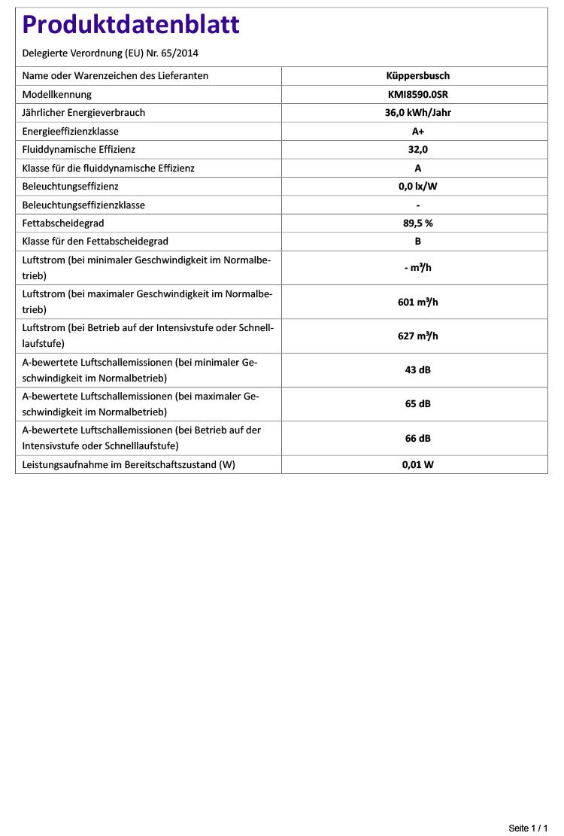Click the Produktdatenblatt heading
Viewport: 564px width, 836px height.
[x=131, y=25]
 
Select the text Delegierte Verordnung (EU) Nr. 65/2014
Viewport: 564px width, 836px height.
[x=111, y=53]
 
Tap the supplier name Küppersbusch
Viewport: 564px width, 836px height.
[x=417, y=76]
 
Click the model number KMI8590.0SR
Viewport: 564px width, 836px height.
[x=417, y=95]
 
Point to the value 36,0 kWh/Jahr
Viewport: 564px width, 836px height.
[x=417, y=113]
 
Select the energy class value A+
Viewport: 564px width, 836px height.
[x=417, y=132]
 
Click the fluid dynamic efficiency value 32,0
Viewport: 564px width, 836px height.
[x=417, y=150]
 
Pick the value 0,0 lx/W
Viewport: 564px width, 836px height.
[x=417, y=187]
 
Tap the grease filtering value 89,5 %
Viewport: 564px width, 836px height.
[x=417, y=223]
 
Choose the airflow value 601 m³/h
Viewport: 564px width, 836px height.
[x=417, y=302]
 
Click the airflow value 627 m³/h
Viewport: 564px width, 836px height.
[x=417, y=336]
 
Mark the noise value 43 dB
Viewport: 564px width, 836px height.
[x=417, y=370]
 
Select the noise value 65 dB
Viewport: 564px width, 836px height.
[x=417, y=404]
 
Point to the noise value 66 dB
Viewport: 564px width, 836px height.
[x=417, y=438]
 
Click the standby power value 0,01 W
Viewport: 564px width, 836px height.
[x=417, y=465]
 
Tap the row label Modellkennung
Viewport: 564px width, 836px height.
[x=57, y=95]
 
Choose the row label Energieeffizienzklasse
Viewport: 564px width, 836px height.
[x=71, y=132]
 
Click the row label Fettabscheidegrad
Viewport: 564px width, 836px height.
[x=63, y=223]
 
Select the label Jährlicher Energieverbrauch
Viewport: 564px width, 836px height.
[x=83, y=113]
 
